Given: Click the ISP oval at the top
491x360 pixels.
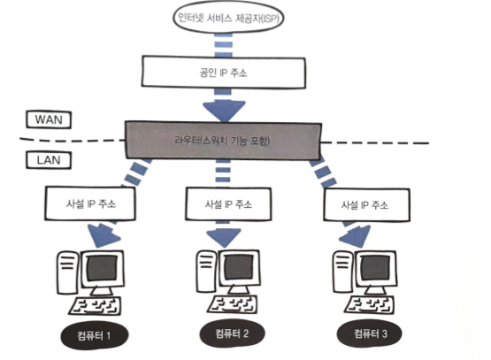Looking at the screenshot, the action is tap(228, 18).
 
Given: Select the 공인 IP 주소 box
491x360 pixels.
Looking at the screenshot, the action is tap(223, 72).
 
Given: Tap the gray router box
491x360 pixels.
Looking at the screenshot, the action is tap(223, 141).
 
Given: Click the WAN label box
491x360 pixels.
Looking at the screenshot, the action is tap(49, 119).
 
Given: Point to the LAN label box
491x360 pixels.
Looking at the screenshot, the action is tap(49, 160).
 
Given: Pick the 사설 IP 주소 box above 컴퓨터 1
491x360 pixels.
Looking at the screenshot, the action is tap(90, 203).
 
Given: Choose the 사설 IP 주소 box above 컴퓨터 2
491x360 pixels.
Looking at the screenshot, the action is tap(228, 204).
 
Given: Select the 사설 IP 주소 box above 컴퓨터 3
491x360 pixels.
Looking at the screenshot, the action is tap(366, 205).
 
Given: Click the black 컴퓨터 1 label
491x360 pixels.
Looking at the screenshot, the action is tap(95, 335).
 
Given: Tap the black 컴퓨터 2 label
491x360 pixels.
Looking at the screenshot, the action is tap(232, 333).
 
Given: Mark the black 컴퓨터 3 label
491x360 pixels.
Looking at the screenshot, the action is tap(370, 333).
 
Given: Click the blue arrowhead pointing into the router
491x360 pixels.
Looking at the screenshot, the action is tap(224, 111).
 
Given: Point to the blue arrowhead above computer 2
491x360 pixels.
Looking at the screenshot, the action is tap(224, 238).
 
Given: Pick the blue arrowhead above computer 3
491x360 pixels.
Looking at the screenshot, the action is tap(356, 235).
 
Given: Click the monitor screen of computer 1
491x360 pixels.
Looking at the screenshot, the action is tap(102, 268).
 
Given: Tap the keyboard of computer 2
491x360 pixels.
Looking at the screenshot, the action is tap(233, 304).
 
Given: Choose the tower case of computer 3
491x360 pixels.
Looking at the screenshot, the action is tap(342, 272).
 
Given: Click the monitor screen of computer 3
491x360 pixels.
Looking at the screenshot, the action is tap(375, 268).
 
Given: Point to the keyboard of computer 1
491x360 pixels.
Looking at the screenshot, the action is tap(96, 306).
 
